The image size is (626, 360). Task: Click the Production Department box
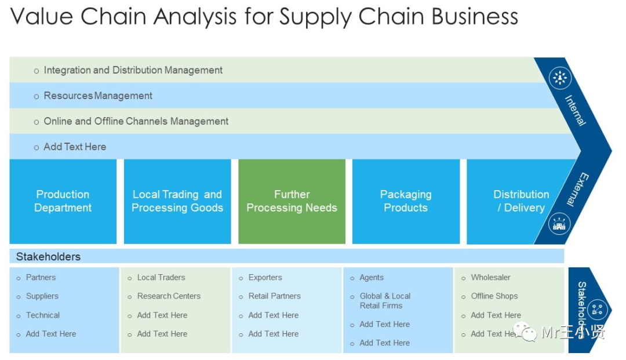pyautogui.click(x=63, y=201)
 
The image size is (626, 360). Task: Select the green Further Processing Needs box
pyautogui.click(x=292, y=201)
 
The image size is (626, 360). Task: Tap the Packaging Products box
pyautogui.click(x=406, y=201)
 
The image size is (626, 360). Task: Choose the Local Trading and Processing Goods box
pyautogui.click(x=177, y=201)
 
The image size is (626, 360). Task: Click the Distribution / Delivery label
pyautogui.click(x=521, y=201)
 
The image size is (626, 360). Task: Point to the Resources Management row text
pyautogui.click(x=98, y=96)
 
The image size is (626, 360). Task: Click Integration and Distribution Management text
pyautogui.click(x=133, y=70)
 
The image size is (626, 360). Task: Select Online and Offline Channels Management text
pyautogui.click(x=136, y=121)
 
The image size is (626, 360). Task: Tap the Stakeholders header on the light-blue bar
pyautogui.click(x=48, y=256)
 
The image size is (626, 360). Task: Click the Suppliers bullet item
pyautogui.click(x=42, y=296)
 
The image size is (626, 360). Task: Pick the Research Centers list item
pyautogui.click(x=169, y=296)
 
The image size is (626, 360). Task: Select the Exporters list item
pyautogui.click(x=265, y=278)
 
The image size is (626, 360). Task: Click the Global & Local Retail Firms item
pyautogui.click(x=384, y=300)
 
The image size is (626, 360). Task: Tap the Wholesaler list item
pyautogui.click(x=490, y=278)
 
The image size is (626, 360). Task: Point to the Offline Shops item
pyautogui.click(x=494, y=296)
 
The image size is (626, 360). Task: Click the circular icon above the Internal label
pyautogui.click(x=560, y=78)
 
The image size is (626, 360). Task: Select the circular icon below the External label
pyautogui.click(x=559, y=224)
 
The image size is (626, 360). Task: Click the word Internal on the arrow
pyautogui.click(x=576, y=111)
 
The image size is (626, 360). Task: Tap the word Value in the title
pyautogui.click(x=42, y=17)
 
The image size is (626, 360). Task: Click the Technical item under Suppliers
pyautogui.click(x=42, y=315)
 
